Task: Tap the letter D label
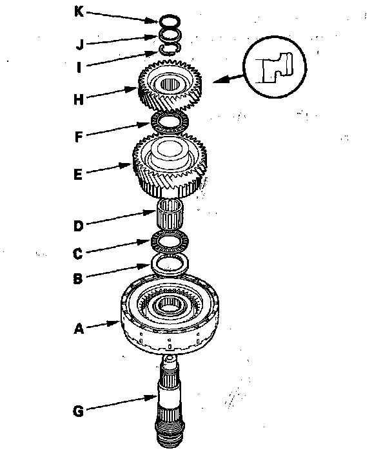tap(78, 226)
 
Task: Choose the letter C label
tap(77, 253)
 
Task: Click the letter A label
tap(79, 329)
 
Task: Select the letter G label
tap(79, 409)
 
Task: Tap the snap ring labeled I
tap(170, 48)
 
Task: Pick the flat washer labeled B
tap(170, 263)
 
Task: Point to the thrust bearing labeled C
tap(170, 243)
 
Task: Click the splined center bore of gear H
tap(171, 82)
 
